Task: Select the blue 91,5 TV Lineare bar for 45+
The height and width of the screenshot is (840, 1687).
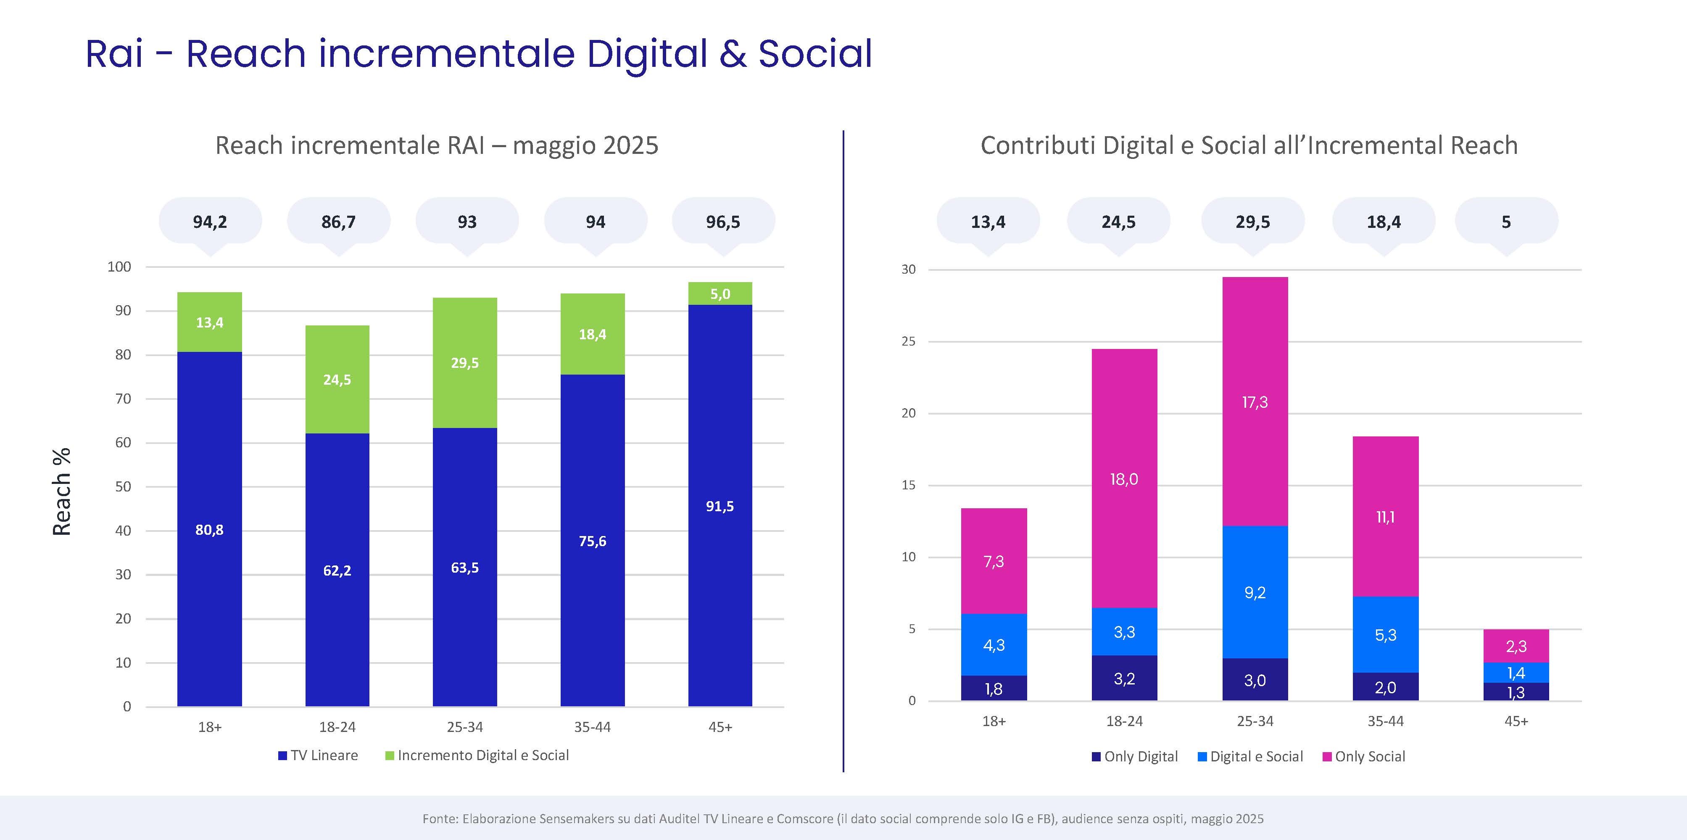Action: click(x=720, y=506)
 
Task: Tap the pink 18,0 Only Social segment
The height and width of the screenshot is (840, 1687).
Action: click(x=1124, y=479)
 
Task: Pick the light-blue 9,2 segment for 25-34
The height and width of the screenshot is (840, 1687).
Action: click(x=1255, y=592)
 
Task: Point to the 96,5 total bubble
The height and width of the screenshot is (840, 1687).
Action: click(x=723, y=222)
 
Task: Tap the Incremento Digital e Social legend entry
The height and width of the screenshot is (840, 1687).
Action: click(x=477, y=755)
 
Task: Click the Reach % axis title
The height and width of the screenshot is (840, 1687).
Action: click(x=61, y=491)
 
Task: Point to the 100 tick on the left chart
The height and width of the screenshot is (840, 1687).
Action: click(x=119, y=267)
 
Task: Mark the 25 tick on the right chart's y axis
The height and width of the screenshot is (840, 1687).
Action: click(x=908, y=341)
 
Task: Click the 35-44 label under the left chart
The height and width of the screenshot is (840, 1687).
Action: click(x=592, y=726)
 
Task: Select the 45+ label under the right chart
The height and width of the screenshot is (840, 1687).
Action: click(x=1516, y=721)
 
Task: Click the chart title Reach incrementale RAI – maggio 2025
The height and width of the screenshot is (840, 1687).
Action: click(x=437, y=145)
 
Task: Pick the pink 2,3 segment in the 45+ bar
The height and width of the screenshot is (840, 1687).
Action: click(x=1516, y=646)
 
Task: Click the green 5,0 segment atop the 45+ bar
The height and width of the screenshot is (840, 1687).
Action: click(x=720, y=293)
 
